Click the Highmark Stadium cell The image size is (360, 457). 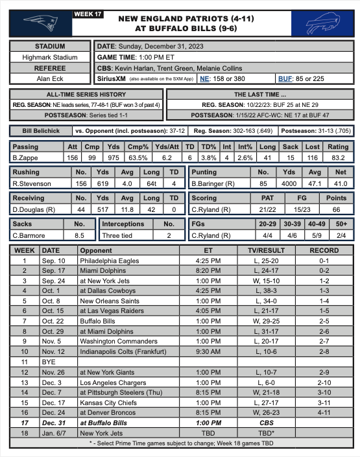tap(49, 57)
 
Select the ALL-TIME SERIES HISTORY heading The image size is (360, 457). tap(85, 94)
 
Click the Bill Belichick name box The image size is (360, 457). tap(36, 130)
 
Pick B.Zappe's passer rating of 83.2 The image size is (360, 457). tap(338, 158)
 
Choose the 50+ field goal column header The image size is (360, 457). tap(338, 224)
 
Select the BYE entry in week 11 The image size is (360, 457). tap(49, 361)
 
